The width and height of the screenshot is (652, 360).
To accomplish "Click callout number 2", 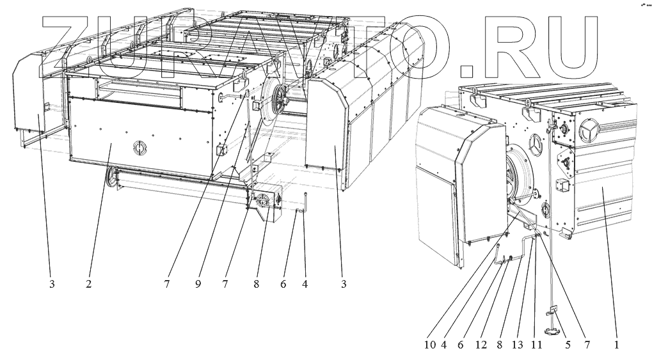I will (89, 284).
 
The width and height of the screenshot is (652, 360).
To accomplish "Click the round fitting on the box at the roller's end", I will (262, 202).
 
